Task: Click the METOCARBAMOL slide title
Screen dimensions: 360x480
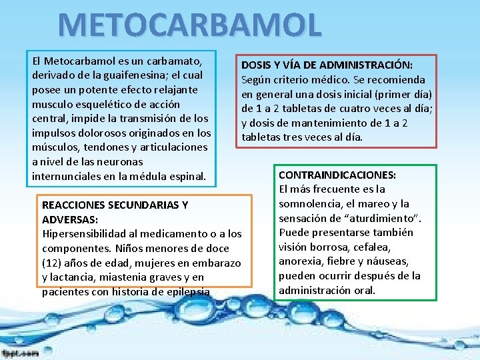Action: tap(190, 24)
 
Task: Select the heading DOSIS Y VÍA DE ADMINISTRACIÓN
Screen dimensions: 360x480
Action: tap(327, 65)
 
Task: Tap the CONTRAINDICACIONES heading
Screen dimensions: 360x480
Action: tap(337, 175)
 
